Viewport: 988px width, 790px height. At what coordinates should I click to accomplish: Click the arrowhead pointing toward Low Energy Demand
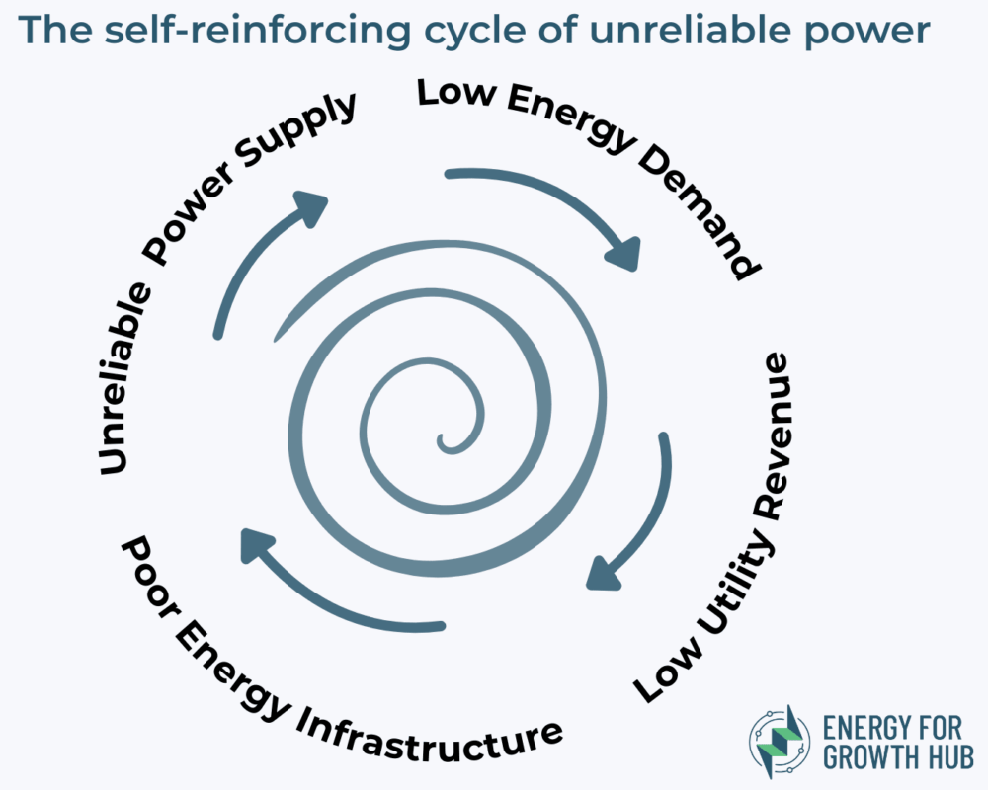click(x=624, y=254)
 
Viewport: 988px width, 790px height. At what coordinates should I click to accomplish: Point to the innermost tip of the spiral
click(x=443, y=440)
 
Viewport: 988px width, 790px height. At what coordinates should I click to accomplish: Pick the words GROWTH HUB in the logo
click(x=898, y=757)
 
